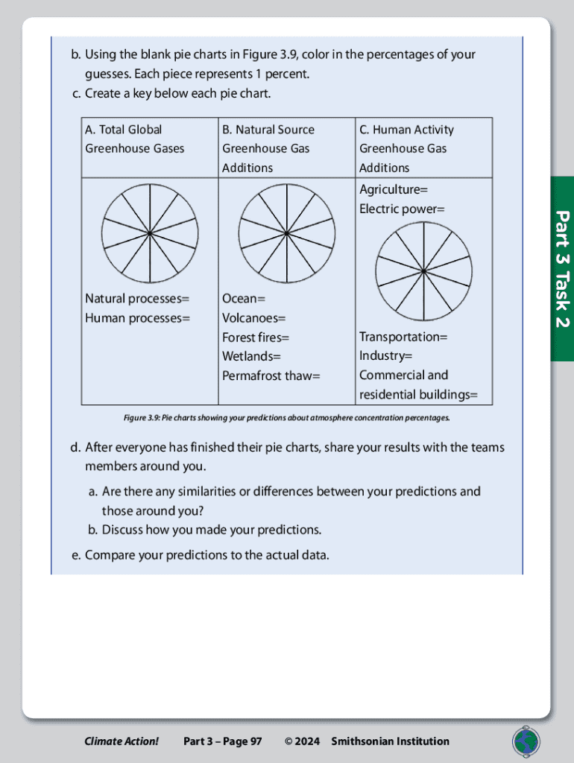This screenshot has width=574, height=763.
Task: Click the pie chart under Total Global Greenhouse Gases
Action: (x=150, y=233)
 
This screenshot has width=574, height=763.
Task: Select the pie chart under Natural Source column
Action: (x=287, y=233)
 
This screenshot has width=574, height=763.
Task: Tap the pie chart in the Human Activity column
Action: (x=423, y=270)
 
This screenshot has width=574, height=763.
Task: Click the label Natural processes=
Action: (x=137, y=299)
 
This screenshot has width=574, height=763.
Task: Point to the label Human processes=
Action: (x=137, y=318)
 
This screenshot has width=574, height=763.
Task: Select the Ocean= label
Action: (x=244, y=299)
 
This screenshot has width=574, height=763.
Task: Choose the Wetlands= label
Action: (x=251, y=357)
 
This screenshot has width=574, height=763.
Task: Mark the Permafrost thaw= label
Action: (x=271, y=376)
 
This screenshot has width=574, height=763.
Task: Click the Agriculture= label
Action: (x=394, y=189)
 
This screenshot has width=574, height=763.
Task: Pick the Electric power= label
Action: (x=402, y=209)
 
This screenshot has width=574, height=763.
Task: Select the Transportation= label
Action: (x=403, y=338)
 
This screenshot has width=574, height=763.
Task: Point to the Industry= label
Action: (x=385, y=357)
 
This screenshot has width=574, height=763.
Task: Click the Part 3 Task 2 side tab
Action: (x=562, y=269)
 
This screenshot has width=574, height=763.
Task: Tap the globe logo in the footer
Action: (x=526, y=741)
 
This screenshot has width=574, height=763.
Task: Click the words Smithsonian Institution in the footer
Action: (x=390, y=741)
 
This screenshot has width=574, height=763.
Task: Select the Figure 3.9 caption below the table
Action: (x=287, y=417)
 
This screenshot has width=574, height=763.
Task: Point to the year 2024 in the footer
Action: (x=307, y=741)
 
